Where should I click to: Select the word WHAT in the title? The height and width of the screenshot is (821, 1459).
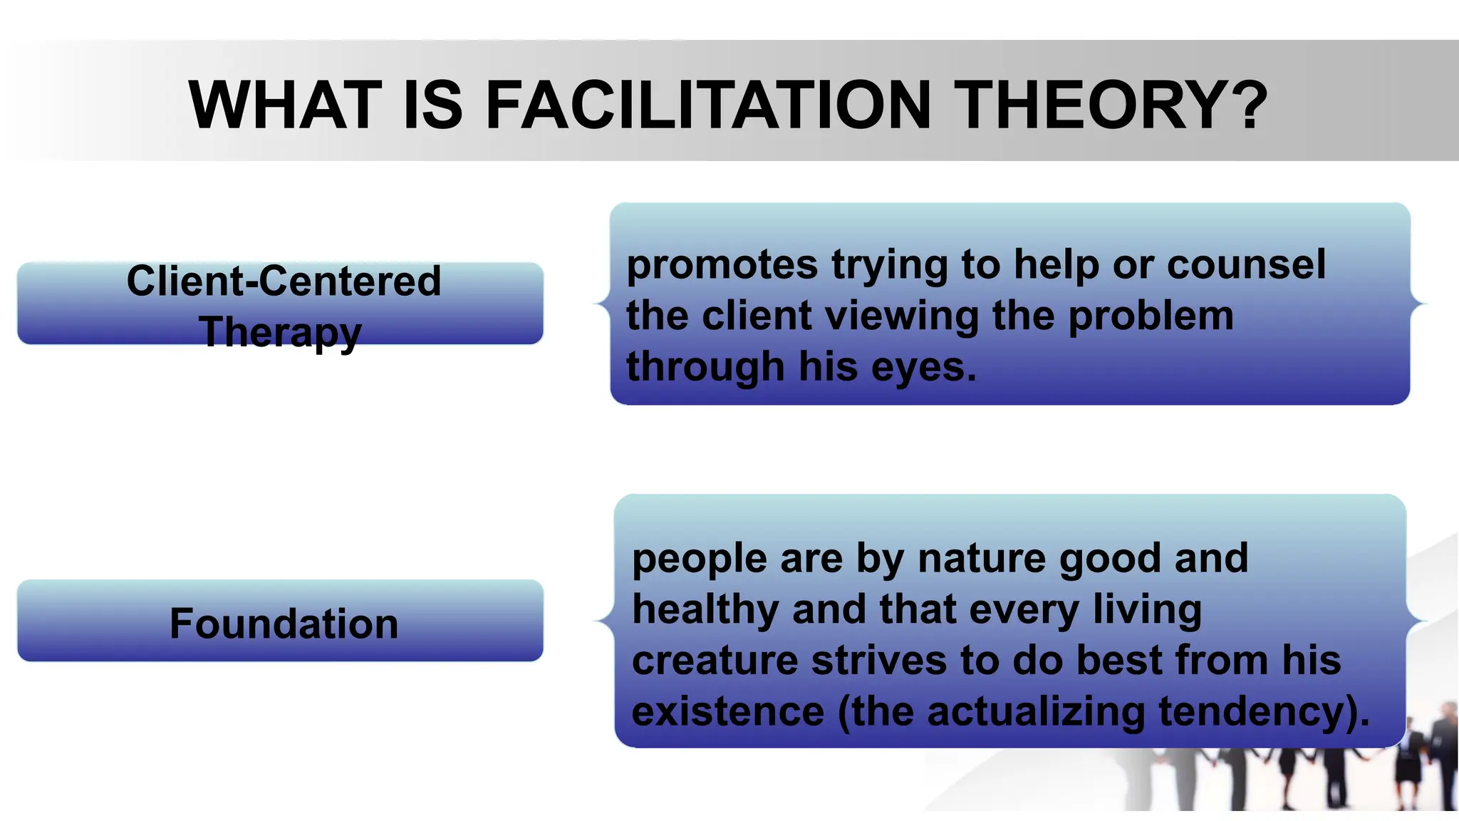pyautogui.click(x=285, y=105)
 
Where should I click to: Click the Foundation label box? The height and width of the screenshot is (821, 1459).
pyautogui.click(x=281, y=621)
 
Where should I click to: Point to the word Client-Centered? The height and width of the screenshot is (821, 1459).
pyautogui.click(x=284, y=281)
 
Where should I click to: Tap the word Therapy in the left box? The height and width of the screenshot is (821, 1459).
pyautogui.click(x=281, y=332)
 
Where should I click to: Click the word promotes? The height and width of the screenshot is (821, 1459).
pyautogui.click(x=722, y=265)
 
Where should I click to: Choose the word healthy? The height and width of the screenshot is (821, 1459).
pyautogui.click(x=705, y=611)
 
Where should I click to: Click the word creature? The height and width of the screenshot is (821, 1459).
pyautogui.click(x=715, y=661)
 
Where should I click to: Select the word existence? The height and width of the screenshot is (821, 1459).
pyautogui.click(x=727, y=712)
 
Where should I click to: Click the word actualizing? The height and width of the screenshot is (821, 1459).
pyautogui.click(x=1036, y=712)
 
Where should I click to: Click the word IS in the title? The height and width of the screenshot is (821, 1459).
pyautogui.click(x=433, y=105)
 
